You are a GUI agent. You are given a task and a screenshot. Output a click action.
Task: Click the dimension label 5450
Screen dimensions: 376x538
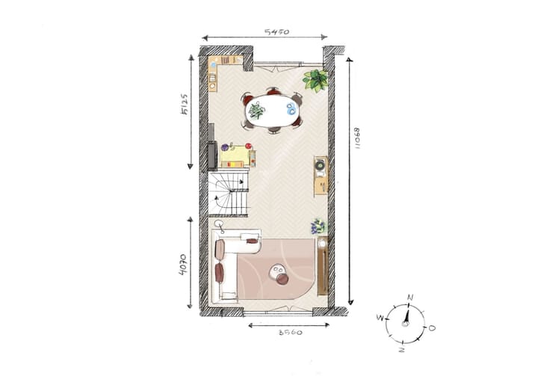(x=276, y=32)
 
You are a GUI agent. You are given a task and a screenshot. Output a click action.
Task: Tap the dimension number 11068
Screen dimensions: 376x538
(x=357, y=137)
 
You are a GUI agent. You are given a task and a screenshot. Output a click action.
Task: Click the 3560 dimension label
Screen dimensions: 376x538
(x=288, y=332)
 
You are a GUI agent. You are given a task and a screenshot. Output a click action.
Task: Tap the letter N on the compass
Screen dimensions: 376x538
(x=409, y=298)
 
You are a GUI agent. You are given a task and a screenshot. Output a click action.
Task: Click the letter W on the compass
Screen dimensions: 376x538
(x=380, y=318)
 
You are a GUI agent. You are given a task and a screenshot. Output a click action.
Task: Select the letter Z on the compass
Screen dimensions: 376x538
(x=402, y=349)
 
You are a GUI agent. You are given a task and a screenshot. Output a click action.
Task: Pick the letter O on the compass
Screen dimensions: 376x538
(x=433, y=328)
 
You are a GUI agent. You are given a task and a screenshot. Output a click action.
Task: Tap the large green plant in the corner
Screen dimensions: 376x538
(x=316, y=79)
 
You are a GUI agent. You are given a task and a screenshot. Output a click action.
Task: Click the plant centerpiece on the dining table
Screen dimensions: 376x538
(x=256, y=111)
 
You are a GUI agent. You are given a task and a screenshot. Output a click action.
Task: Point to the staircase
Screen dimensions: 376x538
(x=229, y=193)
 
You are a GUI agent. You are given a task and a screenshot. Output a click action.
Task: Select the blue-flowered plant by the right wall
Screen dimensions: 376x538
(x=318, y=226)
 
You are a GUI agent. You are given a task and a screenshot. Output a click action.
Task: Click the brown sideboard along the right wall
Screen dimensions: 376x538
(x=323, y=265)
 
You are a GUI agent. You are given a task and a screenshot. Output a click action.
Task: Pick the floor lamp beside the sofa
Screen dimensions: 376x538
(x=219, y=224)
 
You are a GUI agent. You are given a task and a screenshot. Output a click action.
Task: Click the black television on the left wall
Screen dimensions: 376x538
(x=213, y=155)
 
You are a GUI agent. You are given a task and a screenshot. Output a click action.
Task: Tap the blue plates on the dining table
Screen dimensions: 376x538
(x=291, y=109)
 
